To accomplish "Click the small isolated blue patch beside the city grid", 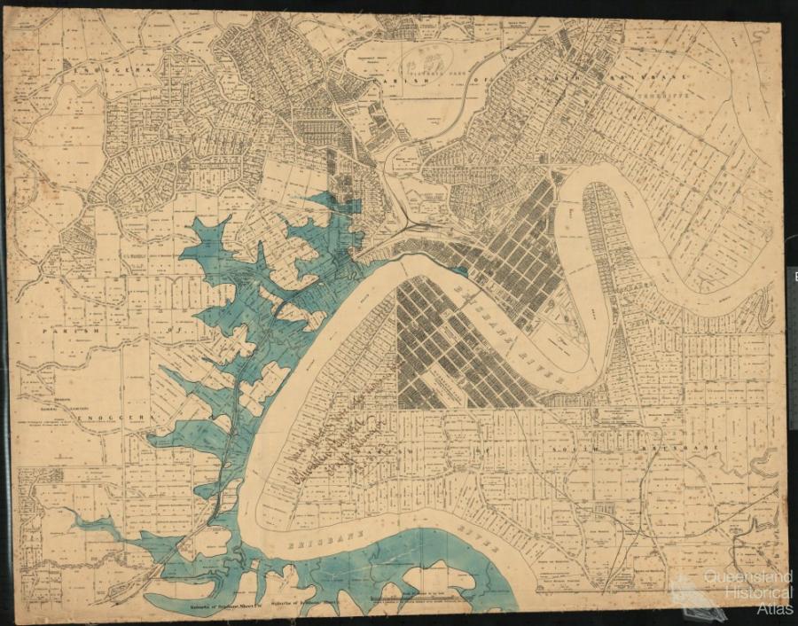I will click(x=460, y=271).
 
